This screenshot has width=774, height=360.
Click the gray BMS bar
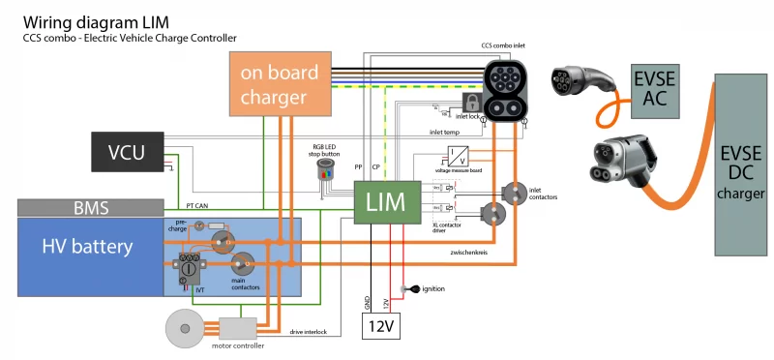(90, 207)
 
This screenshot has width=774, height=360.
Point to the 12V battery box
(381, 327)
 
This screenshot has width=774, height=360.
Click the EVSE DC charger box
(742, 165)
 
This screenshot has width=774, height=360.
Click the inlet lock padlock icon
(472, 103)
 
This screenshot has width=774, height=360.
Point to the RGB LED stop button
(325, 170)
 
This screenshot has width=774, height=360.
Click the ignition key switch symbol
(409, 289)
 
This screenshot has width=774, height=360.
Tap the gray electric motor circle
(186, 330)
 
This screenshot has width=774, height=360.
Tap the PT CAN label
(197, 206)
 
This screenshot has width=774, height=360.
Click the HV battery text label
(87, 247)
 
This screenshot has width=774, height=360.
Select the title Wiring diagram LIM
(84, 21)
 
